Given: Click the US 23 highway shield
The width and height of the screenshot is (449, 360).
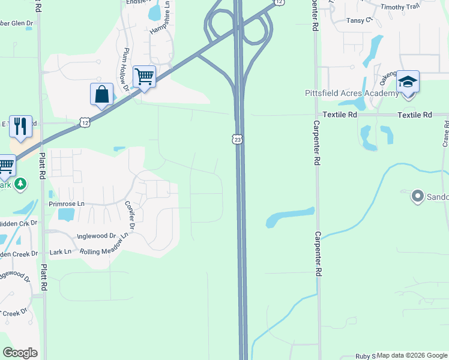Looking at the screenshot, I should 238,139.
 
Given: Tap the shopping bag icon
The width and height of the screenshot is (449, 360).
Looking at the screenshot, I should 101,95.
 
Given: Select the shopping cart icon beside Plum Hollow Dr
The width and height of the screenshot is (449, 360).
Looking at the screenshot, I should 144,77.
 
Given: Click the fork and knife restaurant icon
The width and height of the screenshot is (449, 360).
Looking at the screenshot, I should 20,127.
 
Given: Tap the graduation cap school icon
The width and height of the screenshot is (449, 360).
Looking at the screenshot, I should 408,82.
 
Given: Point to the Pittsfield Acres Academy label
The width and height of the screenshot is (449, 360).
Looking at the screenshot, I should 351,94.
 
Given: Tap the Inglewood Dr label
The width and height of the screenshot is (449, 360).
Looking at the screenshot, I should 96,236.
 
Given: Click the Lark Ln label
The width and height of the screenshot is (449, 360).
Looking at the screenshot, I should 60,251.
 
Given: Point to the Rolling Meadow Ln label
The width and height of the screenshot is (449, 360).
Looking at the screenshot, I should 106,247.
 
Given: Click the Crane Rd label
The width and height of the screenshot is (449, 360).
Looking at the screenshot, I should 445,133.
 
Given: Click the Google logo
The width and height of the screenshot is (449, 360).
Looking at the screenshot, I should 20,353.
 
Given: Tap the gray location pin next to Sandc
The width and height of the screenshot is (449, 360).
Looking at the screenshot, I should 417,196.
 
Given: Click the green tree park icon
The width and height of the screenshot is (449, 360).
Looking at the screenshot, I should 20,183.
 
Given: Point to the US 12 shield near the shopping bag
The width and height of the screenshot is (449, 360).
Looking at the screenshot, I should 84,122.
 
